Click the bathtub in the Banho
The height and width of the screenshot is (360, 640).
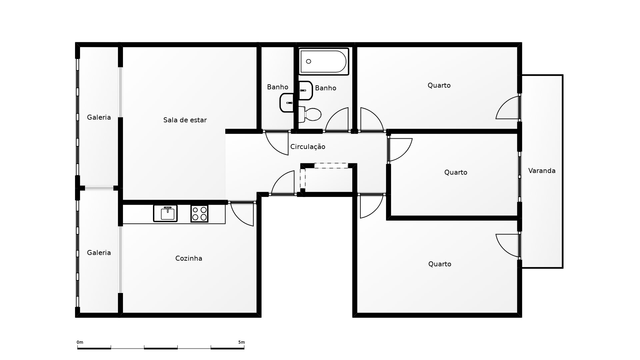324,61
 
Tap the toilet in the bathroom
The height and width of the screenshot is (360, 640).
310,114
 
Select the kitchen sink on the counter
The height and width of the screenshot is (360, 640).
165,213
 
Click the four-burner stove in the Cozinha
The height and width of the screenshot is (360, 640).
199,214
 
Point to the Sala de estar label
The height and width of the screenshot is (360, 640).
185,120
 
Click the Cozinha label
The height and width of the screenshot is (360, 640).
189,258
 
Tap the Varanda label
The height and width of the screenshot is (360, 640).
542,171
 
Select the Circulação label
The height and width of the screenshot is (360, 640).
308,147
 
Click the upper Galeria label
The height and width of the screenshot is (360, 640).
99,117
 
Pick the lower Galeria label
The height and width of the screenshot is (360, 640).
99,253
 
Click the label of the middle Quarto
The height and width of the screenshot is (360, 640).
456,172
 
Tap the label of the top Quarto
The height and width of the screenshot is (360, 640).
439,85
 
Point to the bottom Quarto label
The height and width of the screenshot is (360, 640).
440,264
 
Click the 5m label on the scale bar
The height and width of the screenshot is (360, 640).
241,342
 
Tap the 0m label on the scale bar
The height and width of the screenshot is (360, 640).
80,342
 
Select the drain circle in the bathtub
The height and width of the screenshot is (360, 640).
308,61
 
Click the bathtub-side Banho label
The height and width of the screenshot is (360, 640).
325,88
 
